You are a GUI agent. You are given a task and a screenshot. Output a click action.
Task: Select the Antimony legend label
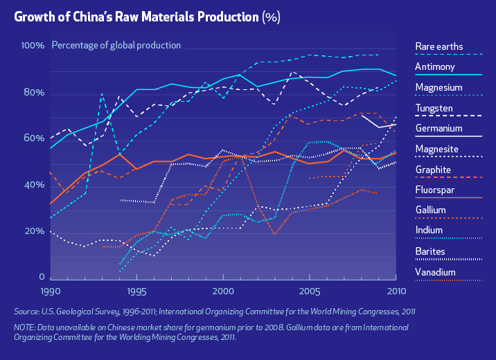click(x=434, y=67)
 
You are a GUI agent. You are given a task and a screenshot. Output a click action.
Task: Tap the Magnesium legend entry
click(x=439, y=87)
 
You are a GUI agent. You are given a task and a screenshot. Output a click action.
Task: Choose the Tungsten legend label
click(x=434, y=108)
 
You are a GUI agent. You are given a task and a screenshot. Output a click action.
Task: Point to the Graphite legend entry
click(x=433, y=170)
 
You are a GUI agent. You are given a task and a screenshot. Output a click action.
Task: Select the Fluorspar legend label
click(x=434, y=190)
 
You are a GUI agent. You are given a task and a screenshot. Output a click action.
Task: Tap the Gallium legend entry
click(x=430, y=210)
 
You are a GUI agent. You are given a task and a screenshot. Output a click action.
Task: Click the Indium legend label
click(x=429, y=231)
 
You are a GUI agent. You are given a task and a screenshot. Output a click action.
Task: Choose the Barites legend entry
click(x=430, y=251)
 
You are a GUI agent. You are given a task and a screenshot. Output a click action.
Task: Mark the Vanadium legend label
click(x=435, y=271)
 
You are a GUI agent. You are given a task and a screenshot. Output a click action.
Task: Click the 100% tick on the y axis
click(x=33, y=46)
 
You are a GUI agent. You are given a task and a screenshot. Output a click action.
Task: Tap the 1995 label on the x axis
click(x=136, y=291)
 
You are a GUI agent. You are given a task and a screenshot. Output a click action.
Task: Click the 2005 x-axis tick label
click(x=309, y=291)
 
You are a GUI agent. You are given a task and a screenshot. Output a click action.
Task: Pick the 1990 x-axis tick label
click(x=51, y=291)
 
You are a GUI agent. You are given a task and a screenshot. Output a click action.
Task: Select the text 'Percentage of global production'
click(x=116, y=46)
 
